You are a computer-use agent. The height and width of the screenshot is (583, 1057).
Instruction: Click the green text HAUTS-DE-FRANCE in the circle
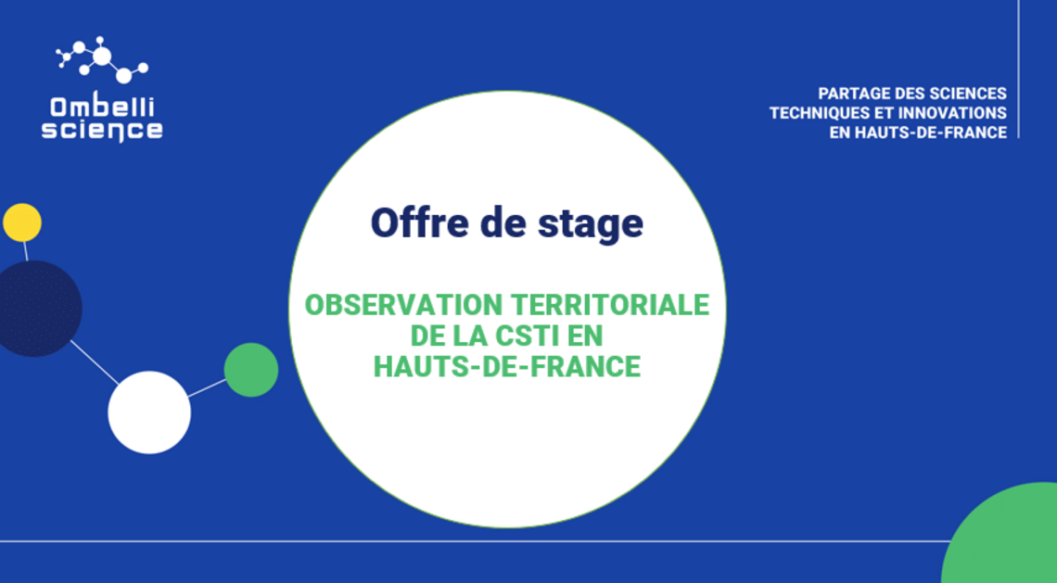tap(507, 367)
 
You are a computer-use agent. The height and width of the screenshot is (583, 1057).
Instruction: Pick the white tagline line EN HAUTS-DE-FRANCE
tap(918, 133)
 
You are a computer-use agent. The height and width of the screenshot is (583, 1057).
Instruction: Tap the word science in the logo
tap(102, 130)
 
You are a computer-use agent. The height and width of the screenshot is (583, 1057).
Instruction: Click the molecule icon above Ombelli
tap(102, 59)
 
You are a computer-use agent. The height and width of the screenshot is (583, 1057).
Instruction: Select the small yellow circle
tap(22, 222)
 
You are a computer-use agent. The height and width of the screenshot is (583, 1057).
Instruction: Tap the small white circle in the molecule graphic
tap(149, 412)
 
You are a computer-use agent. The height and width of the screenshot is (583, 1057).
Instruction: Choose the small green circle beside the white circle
tap(250, 369)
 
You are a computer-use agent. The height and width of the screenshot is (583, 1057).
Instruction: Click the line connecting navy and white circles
tap(95, 362)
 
